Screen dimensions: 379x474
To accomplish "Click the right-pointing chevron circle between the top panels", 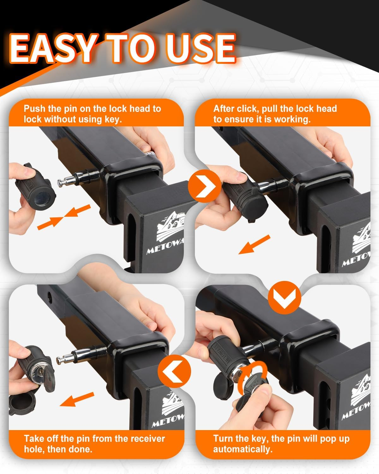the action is point(205,186).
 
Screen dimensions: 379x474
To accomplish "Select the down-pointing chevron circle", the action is point(284,298).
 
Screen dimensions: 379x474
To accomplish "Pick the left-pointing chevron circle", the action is point(174,372).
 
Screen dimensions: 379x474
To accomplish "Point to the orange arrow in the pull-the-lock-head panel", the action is point(254,244).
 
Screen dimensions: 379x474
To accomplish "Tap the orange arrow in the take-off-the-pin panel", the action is point(77,399).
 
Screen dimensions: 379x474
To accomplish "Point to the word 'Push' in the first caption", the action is point(35,109).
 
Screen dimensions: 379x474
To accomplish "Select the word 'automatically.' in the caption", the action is point(243,449).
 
